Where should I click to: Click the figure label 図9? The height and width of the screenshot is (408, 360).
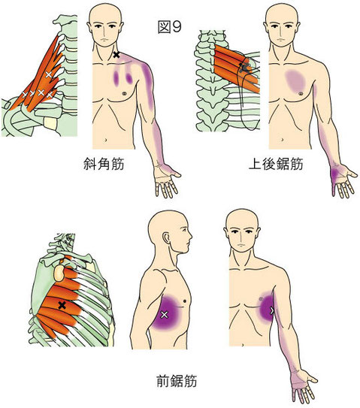coord(169,27)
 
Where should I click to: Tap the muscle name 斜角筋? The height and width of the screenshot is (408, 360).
coord(104,164)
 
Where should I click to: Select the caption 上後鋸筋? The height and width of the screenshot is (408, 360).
coord(276,164)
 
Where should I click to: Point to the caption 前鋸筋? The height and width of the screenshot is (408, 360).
coord(177,381)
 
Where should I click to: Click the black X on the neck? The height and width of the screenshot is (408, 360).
coord(116,55)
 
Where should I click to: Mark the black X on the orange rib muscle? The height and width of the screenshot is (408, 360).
coord(62,305)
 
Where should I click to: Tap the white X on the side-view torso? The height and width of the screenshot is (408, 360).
coord(164,315)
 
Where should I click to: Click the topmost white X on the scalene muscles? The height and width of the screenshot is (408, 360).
coord(49,74)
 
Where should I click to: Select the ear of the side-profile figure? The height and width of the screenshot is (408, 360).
coord(166,239)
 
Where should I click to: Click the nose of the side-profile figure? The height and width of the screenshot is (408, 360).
coord(191,237)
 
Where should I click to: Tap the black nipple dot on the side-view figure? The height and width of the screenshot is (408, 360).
coord(185,301)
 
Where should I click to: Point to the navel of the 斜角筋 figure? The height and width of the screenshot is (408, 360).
coord(105,140)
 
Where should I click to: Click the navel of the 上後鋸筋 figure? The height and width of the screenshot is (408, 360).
coord(283,140)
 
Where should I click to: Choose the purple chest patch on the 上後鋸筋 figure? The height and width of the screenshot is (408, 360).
coord(295,80)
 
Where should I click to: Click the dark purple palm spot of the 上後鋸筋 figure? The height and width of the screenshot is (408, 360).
coord(335,173)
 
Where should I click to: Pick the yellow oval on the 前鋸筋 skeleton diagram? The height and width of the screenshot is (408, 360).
coord(59,274)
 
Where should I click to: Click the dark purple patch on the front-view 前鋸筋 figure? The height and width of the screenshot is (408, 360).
coord(267,309)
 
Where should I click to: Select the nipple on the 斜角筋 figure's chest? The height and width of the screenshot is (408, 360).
coord(124,92)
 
